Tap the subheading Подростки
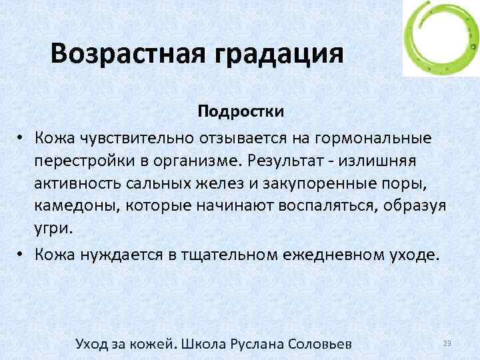coord(241,111)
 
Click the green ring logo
coord(441,38)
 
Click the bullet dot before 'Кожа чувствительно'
coord(22,138)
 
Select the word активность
coord(80,183)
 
